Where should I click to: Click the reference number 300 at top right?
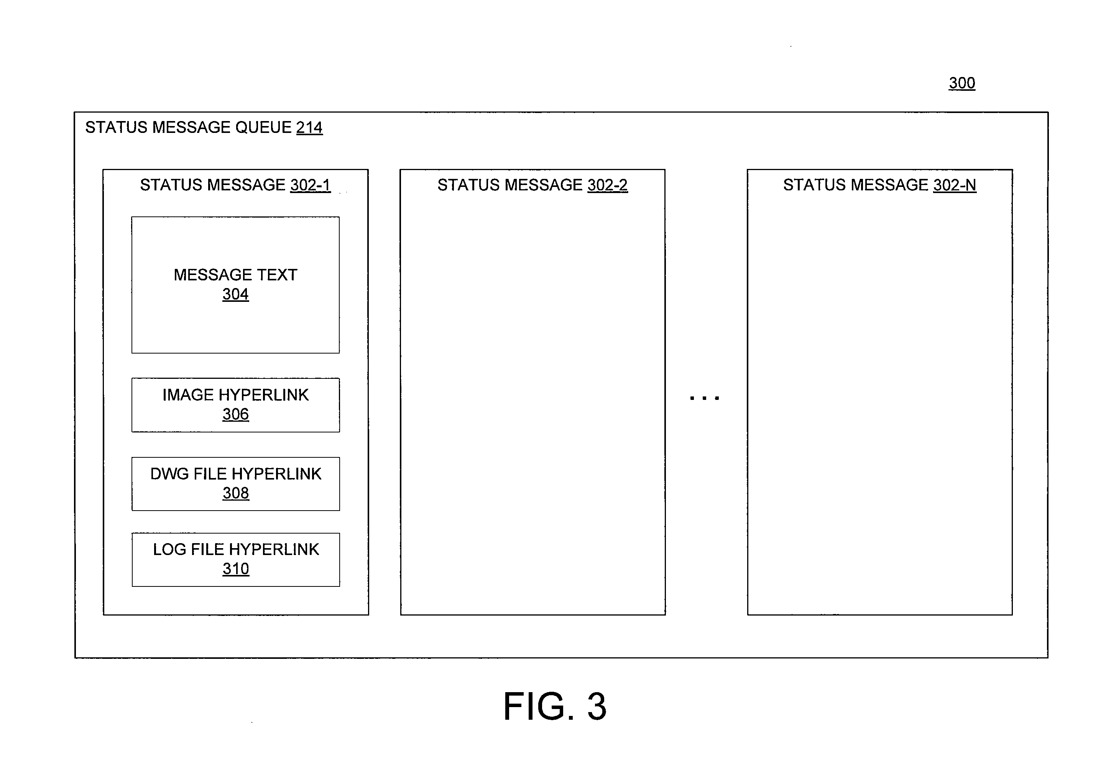click(962, 83)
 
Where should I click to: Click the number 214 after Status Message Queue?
click(309, 127)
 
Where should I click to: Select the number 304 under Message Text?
click(235, 294)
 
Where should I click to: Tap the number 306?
click(235, 414)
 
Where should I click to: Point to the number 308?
click(235, 493)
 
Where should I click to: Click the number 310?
click(235, 568)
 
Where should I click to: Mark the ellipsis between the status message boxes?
click(705, 398)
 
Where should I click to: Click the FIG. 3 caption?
click(555, 706)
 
